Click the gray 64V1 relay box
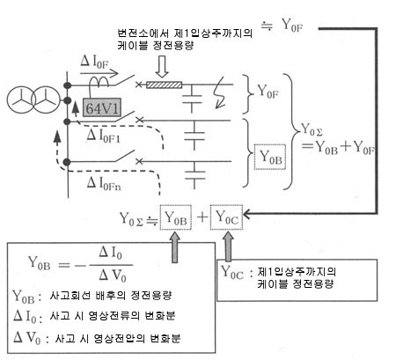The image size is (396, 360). coord(102,107)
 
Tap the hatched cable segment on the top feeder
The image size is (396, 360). coord(164,84)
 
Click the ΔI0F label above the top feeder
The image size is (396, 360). coord(94,62)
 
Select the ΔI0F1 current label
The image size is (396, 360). coord(104,136)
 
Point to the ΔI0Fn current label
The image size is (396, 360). coord(104,184)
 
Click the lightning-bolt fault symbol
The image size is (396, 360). coord(220,92)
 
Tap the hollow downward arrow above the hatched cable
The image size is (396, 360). coord(162,67)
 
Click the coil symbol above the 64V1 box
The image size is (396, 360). coord(99,82)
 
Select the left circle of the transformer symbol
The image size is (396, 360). coord(20,99)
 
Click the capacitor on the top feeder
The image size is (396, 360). coord(192,99)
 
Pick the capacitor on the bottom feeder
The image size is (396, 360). coord(194,175)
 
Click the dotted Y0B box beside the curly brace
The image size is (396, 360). coord(270,157)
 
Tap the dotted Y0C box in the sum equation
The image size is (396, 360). coord(226,217)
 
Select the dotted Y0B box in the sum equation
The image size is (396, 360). coord(176,217)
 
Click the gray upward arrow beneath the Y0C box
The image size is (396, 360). coord(228,246)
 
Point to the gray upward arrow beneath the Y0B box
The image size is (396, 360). coord(175,246)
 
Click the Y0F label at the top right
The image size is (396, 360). coord(291,25)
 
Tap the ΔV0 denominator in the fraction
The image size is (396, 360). coord(113,276)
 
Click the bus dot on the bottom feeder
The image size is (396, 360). coord(68,162)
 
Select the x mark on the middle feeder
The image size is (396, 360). coord(140,120)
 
